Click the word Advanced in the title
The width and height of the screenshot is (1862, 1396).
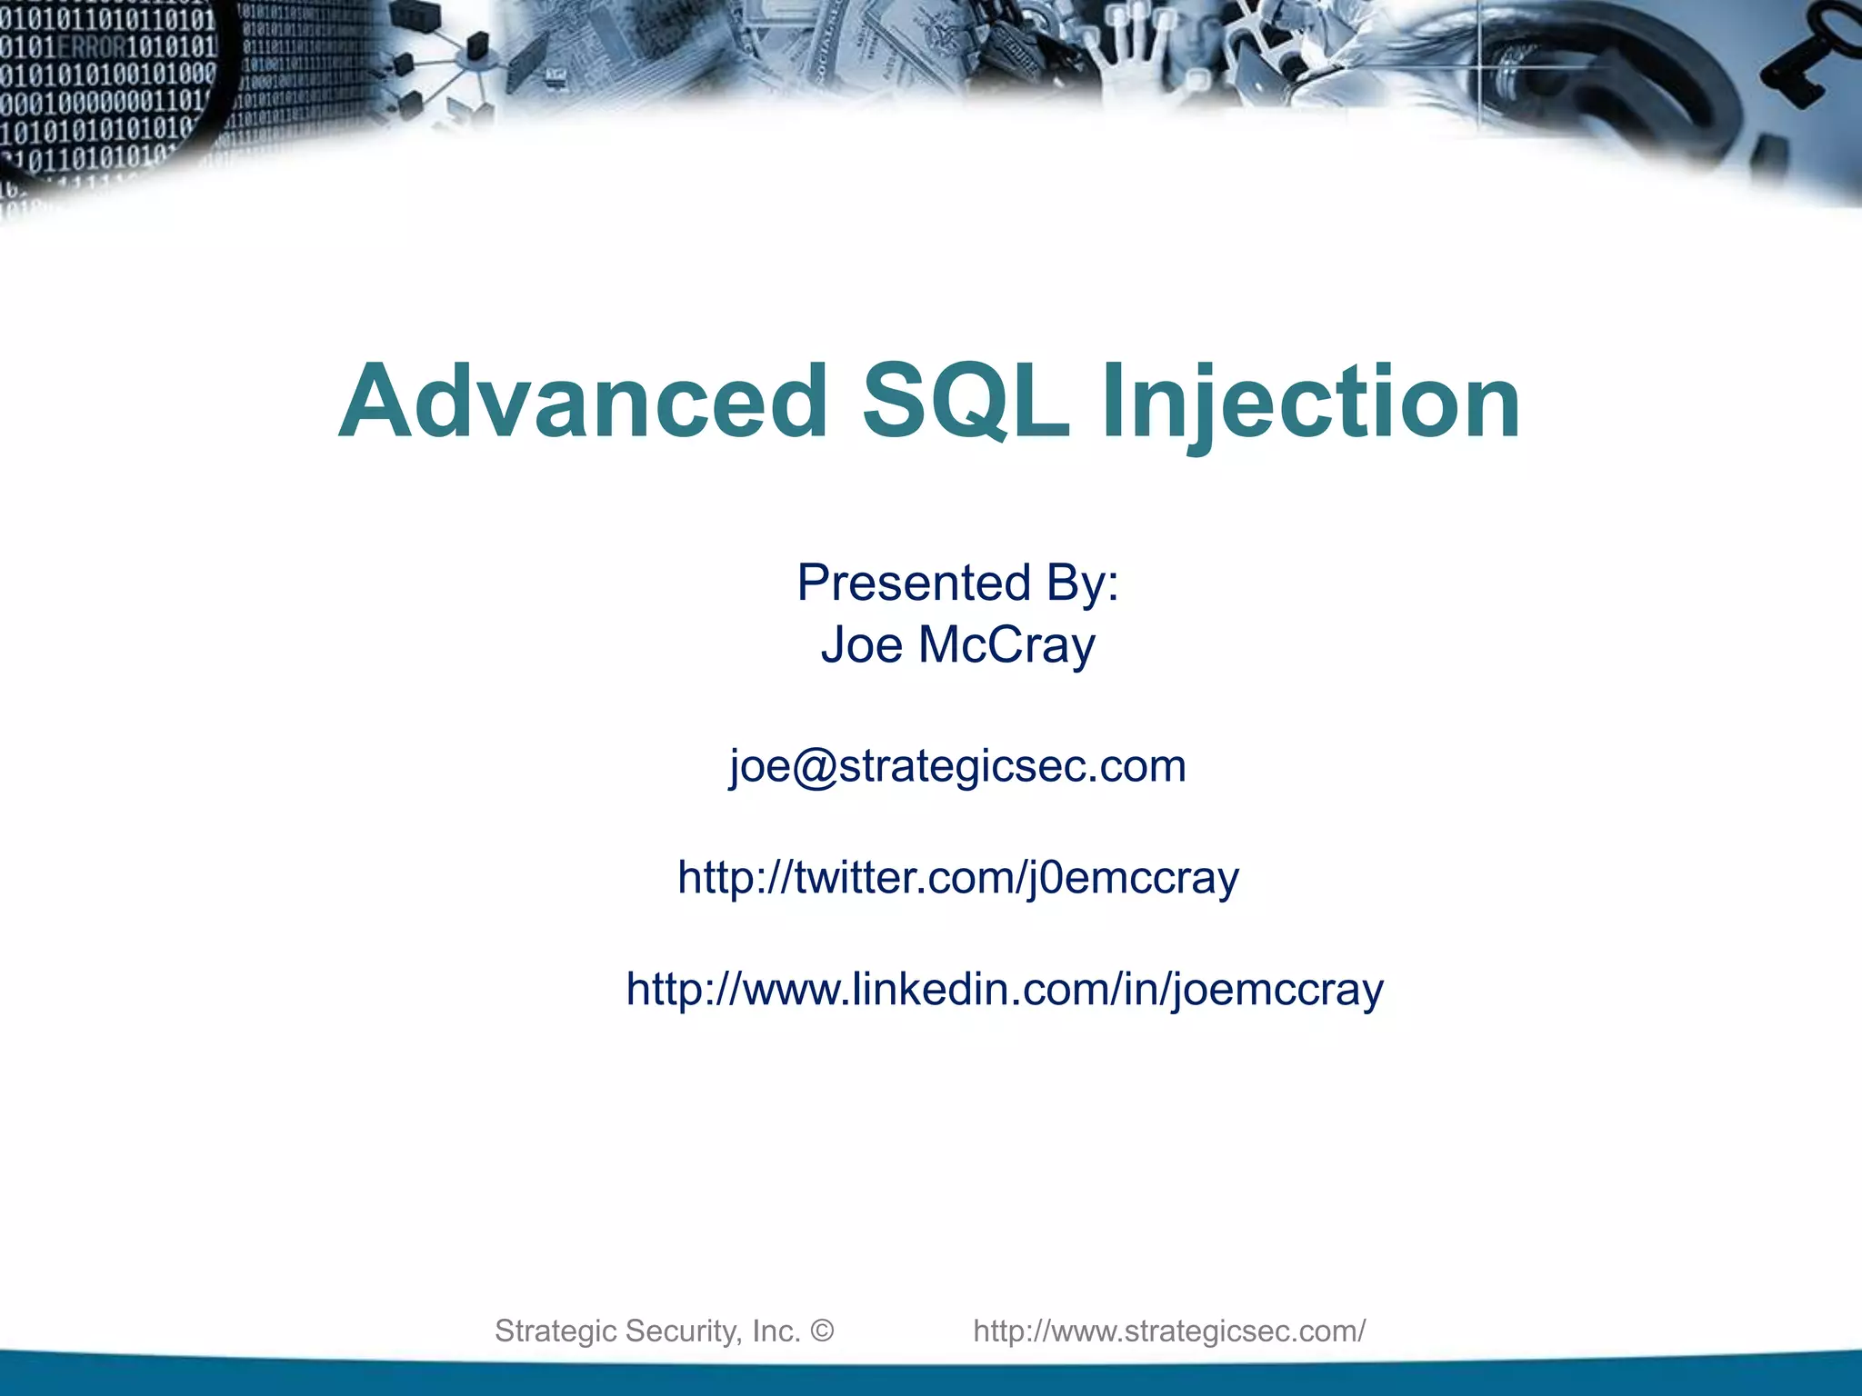[582, 402]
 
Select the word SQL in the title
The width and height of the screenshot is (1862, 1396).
[965, 402]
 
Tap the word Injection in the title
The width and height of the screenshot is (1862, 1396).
[1310, 402]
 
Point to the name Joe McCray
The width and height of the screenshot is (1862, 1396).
[957, 645]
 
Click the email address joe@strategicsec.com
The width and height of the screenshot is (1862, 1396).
[957, 766]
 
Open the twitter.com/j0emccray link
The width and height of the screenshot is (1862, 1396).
[957, 878]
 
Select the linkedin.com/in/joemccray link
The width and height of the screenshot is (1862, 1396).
[1004, 989]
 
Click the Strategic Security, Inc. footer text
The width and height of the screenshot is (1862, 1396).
[646, 1331]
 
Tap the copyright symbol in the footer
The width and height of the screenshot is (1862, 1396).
[822, 1331]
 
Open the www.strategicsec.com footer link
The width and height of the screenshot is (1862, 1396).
[1168, 1331]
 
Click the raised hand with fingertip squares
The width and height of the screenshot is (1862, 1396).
[1127, 55]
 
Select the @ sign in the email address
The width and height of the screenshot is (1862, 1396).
[814, 766]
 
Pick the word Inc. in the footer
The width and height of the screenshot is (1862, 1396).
[776, 1331]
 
